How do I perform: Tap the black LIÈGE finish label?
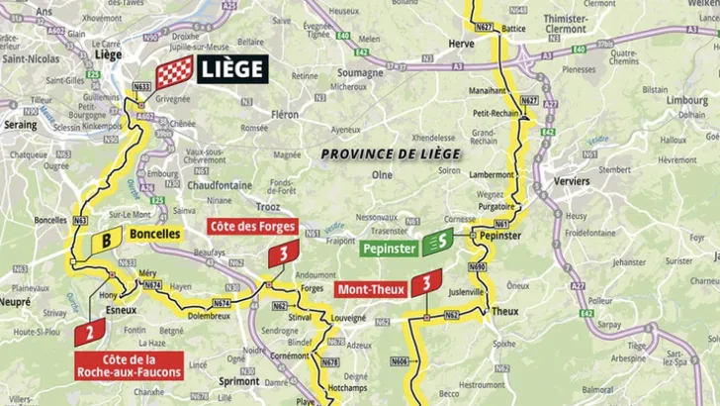pyautogui.click(x=232, y=68)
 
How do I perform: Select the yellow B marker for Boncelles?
pyautogui.click(x=106, y=239)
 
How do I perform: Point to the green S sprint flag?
pyautogui.click(x=437, y=241)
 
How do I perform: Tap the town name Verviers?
pyautogui.click(x=572, y=181)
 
